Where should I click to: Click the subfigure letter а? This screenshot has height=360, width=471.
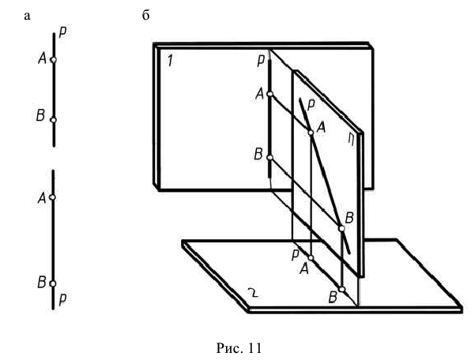point(27,16)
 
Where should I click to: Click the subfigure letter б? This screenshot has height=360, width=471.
point(145,15)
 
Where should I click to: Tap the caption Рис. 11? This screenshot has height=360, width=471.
point(239,348)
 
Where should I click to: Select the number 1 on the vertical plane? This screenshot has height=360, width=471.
point(171,60)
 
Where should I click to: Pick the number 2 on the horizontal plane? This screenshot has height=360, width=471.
point(253,292)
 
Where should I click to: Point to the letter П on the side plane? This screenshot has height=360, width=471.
point(351,140)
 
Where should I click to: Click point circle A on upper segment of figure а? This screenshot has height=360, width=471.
point(54,60)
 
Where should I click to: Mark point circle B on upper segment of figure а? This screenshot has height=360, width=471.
point(54,120)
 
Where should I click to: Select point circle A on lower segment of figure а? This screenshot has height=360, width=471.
point(53,197)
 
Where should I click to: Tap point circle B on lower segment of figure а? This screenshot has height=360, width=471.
point(53,283)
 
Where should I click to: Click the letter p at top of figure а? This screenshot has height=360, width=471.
point(62,32)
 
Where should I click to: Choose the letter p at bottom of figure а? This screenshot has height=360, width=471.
point(62,299)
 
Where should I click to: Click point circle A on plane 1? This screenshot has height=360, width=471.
point(270,94)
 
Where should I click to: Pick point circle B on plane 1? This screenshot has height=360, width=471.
point(269,158)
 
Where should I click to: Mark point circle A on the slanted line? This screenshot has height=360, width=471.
point(311,133)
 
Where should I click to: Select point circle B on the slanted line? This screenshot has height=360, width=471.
point(342,229)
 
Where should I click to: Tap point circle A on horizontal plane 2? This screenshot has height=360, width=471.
point(311,258)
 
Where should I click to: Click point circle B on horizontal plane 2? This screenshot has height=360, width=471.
point(342,289)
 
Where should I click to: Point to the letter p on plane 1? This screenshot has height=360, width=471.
point(261,61)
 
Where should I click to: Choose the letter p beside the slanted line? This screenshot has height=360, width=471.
point(311,105)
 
